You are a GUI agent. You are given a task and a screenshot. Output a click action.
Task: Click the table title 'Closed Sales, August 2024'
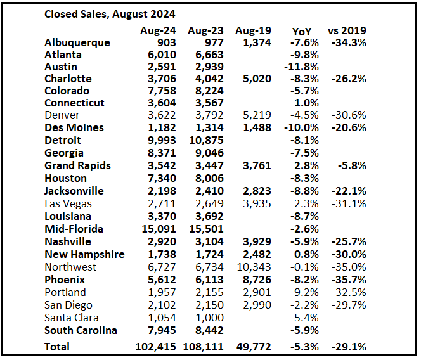[x=110, y=13]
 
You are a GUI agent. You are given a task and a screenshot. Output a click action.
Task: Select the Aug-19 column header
[x=252, y=30]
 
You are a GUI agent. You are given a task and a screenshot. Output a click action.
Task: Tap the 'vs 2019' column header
[x=347, y=30]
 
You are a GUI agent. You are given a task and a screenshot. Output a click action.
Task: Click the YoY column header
[x=302, y=31]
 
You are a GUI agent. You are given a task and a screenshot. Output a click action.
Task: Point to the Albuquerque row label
[x=77, y=42]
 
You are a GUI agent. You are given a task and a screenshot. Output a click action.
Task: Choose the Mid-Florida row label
[x=74, y=229]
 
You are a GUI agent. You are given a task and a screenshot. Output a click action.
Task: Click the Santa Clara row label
[x=72, y=318]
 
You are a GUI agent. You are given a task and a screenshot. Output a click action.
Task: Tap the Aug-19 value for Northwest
[x=253, y=267]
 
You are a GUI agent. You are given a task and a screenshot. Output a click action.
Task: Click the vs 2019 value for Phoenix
[x=348, y=280]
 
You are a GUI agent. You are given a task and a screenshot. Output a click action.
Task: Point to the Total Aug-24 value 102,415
[x=155, y=347]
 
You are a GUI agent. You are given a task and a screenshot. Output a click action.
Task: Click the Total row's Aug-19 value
[x=253, y=347]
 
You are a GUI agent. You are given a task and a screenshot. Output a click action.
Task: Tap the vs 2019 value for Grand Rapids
[x=351, y=165]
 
